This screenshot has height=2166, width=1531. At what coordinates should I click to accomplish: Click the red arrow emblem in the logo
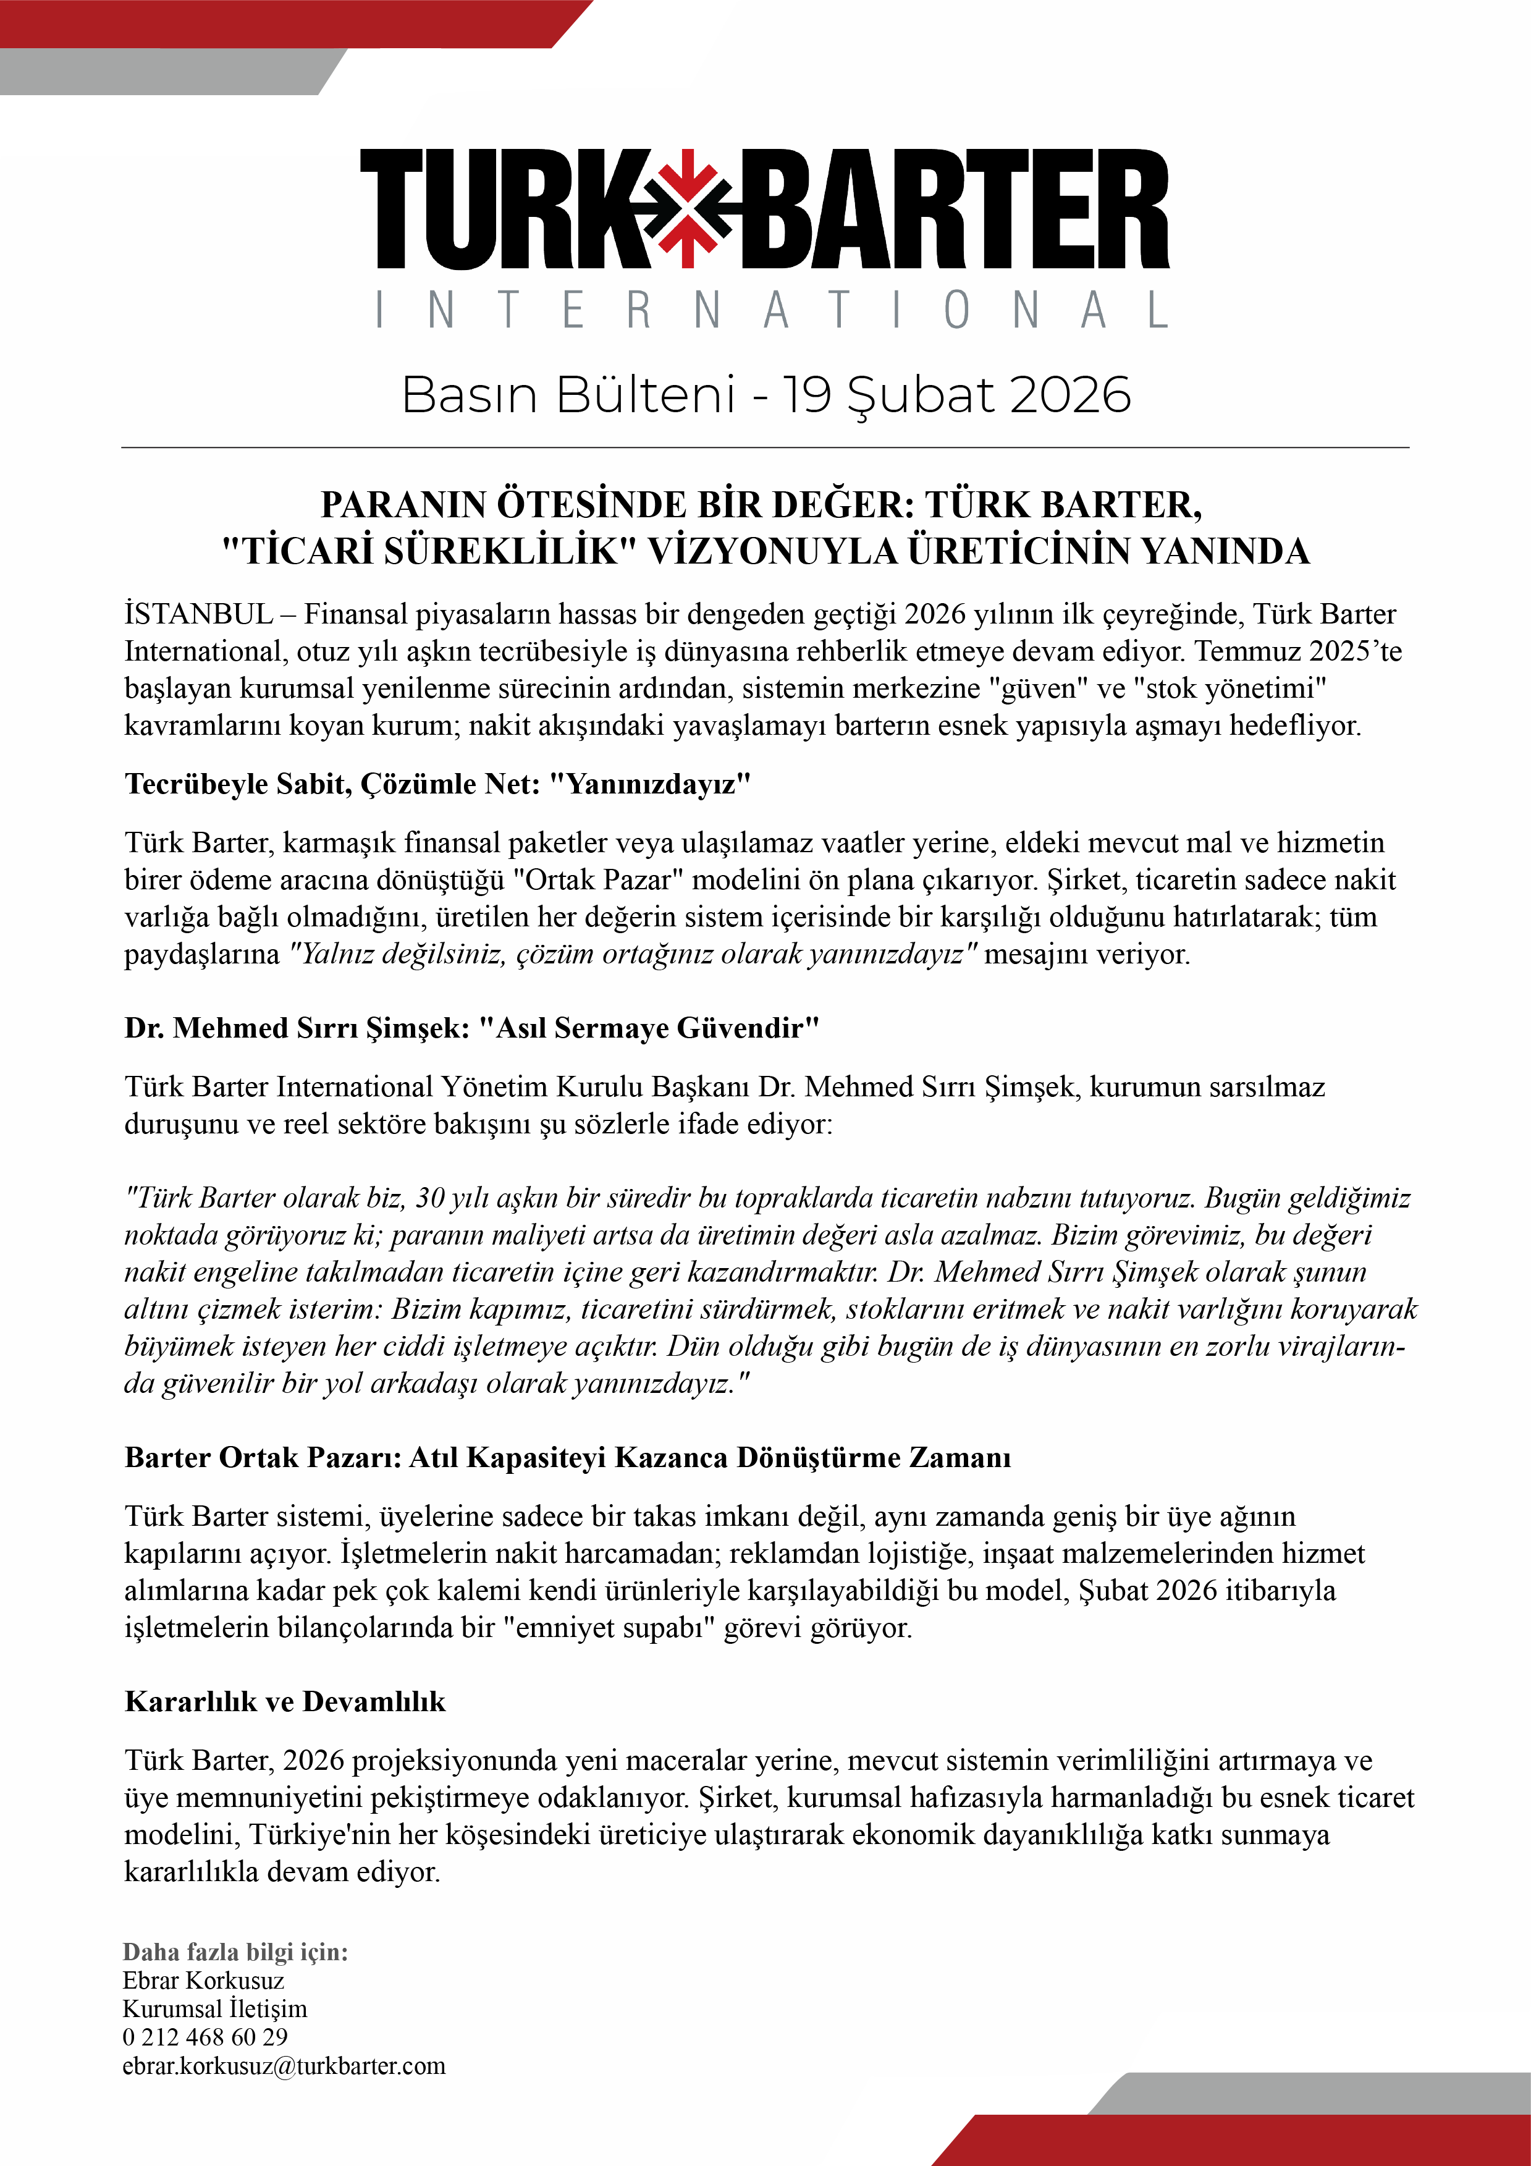[689, 206]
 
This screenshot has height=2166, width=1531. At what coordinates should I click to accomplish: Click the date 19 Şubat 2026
[956, 394]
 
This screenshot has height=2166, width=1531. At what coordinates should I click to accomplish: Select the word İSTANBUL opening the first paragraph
[198, 614]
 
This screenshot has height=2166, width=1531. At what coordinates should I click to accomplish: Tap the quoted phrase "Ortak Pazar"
[598, 879]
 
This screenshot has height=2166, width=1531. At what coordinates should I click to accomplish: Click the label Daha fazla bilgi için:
[235, 1952]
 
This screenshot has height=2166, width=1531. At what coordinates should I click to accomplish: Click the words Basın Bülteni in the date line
[568, 394]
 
